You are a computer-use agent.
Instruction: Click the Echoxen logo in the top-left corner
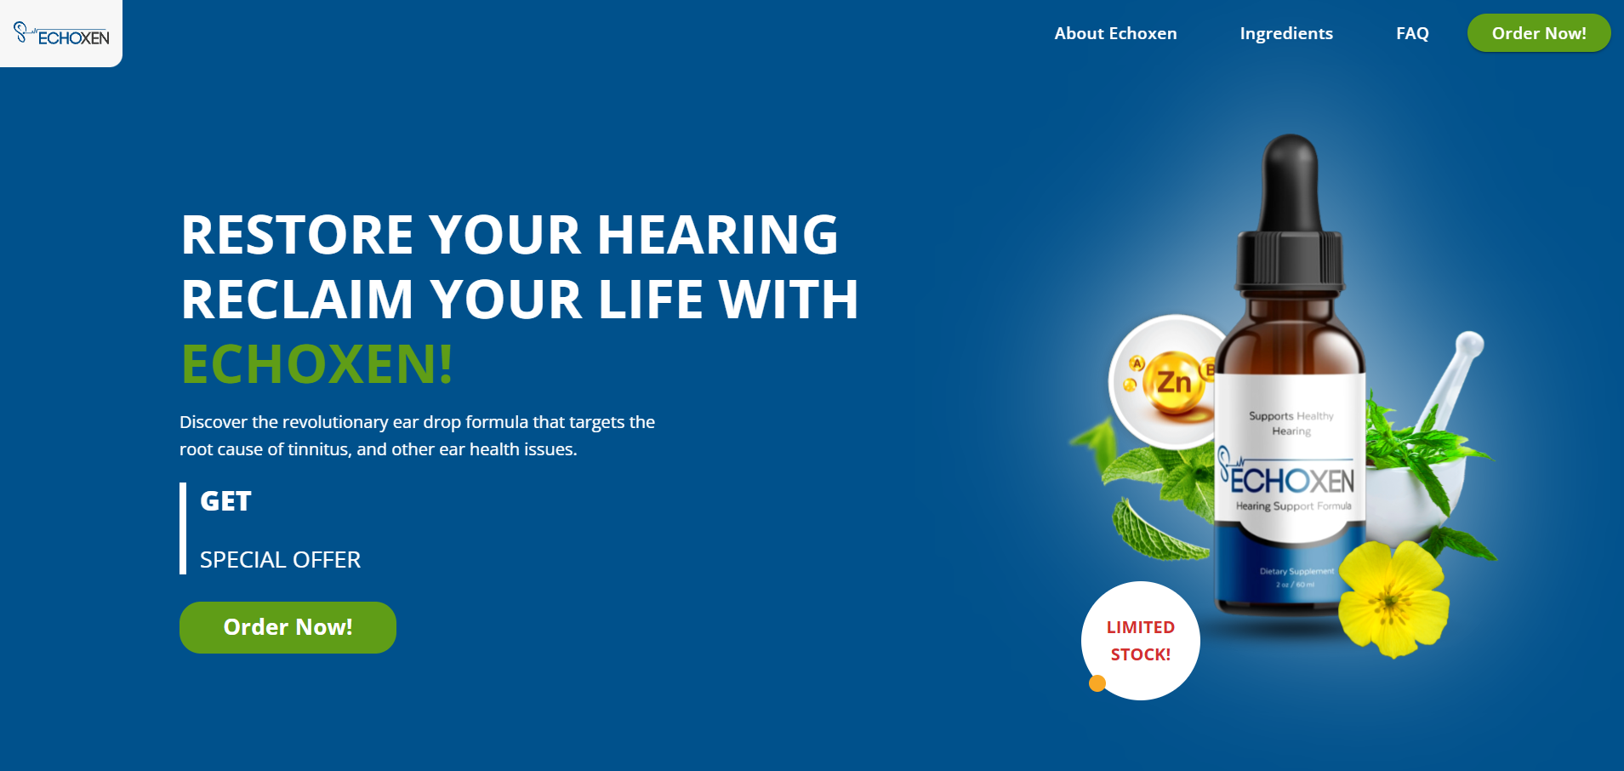[x=61, y=34]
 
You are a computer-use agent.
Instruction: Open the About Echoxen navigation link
[x=1115, y=33]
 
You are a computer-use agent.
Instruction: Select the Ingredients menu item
[x=1286, y=34]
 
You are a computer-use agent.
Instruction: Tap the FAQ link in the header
[x=1412, y=34]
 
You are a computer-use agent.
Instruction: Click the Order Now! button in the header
[x=1539, y=33]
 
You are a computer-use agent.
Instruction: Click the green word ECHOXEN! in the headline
[x=317, y=364]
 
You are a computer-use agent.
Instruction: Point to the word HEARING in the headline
[x=718, y=235]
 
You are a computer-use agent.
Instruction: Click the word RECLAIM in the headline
[x=297, y=300]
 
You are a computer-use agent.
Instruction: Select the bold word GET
[x=225, y=501]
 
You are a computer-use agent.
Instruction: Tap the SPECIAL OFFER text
[x=280, y=560]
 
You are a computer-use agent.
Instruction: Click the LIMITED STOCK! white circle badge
[x=1141, y=641]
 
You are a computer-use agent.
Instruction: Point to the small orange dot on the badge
[x=1097, y=682]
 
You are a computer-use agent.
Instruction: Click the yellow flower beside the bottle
[x=1393, y=598]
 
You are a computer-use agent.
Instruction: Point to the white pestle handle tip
[x=1470, y=344]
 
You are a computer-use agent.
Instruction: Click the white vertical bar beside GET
[x=183, y=528]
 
